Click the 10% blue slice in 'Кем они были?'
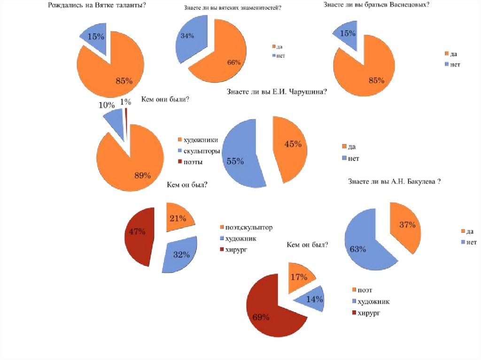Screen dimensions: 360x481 [114, 121]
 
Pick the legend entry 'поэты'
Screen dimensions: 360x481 [193, 162]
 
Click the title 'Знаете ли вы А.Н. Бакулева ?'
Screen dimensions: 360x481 [394, 182]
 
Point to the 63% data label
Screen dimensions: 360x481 [357, 249]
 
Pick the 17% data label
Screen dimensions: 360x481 [299, 276]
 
